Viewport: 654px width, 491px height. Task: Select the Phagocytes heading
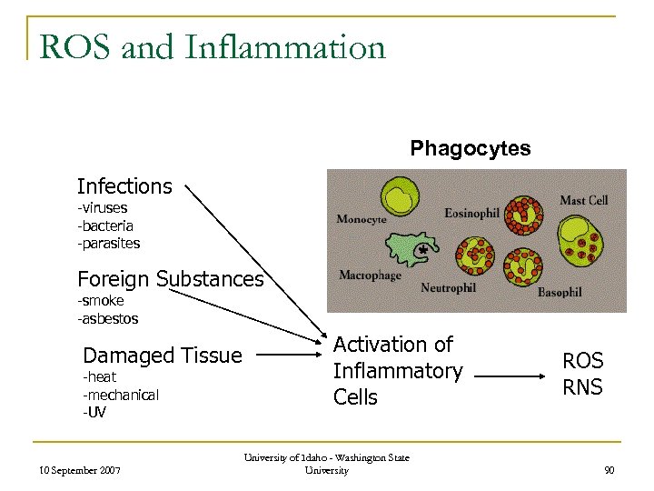[471, 148]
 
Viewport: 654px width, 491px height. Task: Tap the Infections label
[124, 186]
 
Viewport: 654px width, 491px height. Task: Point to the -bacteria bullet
[105, 225]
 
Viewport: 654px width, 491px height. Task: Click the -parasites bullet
[109, 243]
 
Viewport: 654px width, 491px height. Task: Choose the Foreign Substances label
[170, 278]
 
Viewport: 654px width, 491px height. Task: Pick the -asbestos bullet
[108, 318]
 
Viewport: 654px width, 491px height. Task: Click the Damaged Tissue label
[163, 356]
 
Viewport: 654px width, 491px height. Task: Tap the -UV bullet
[94, 412]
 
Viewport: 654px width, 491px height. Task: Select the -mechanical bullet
[121, 395]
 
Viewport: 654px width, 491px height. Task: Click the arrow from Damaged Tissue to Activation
[291, 356]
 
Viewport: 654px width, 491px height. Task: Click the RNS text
[582, 387]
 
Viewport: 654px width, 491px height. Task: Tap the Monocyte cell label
[362, 219]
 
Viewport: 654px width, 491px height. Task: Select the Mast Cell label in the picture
[583, 200]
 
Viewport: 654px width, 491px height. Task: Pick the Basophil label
[560, 293]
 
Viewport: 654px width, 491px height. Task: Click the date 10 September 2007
[81, 470]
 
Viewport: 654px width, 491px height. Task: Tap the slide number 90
[609, 470]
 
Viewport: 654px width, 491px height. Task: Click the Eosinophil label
[471, 213]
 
